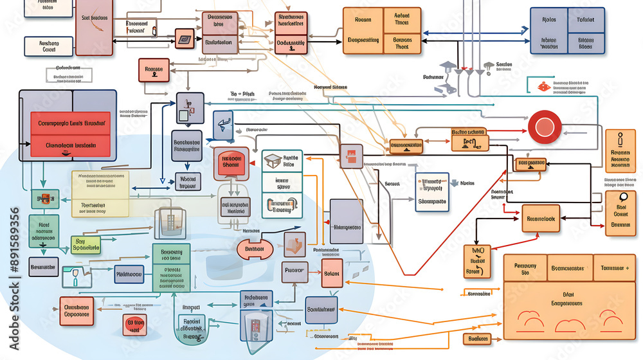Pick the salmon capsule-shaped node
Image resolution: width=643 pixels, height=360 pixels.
pos(255,249)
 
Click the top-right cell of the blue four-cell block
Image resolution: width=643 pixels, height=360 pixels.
pos(585,19)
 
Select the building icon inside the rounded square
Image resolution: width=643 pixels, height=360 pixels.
pos(172,220)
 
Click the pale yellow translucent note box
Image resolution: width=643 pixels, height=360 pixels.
pos(100,194)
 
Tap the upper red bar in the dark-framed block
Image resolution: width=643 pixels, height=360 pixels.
pos(71,122)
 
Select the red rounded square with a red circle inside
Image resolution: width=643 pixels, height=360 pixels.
pos(231,163)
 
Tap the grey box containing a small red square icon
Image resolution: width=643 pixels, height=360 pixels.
pos(351,155)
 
